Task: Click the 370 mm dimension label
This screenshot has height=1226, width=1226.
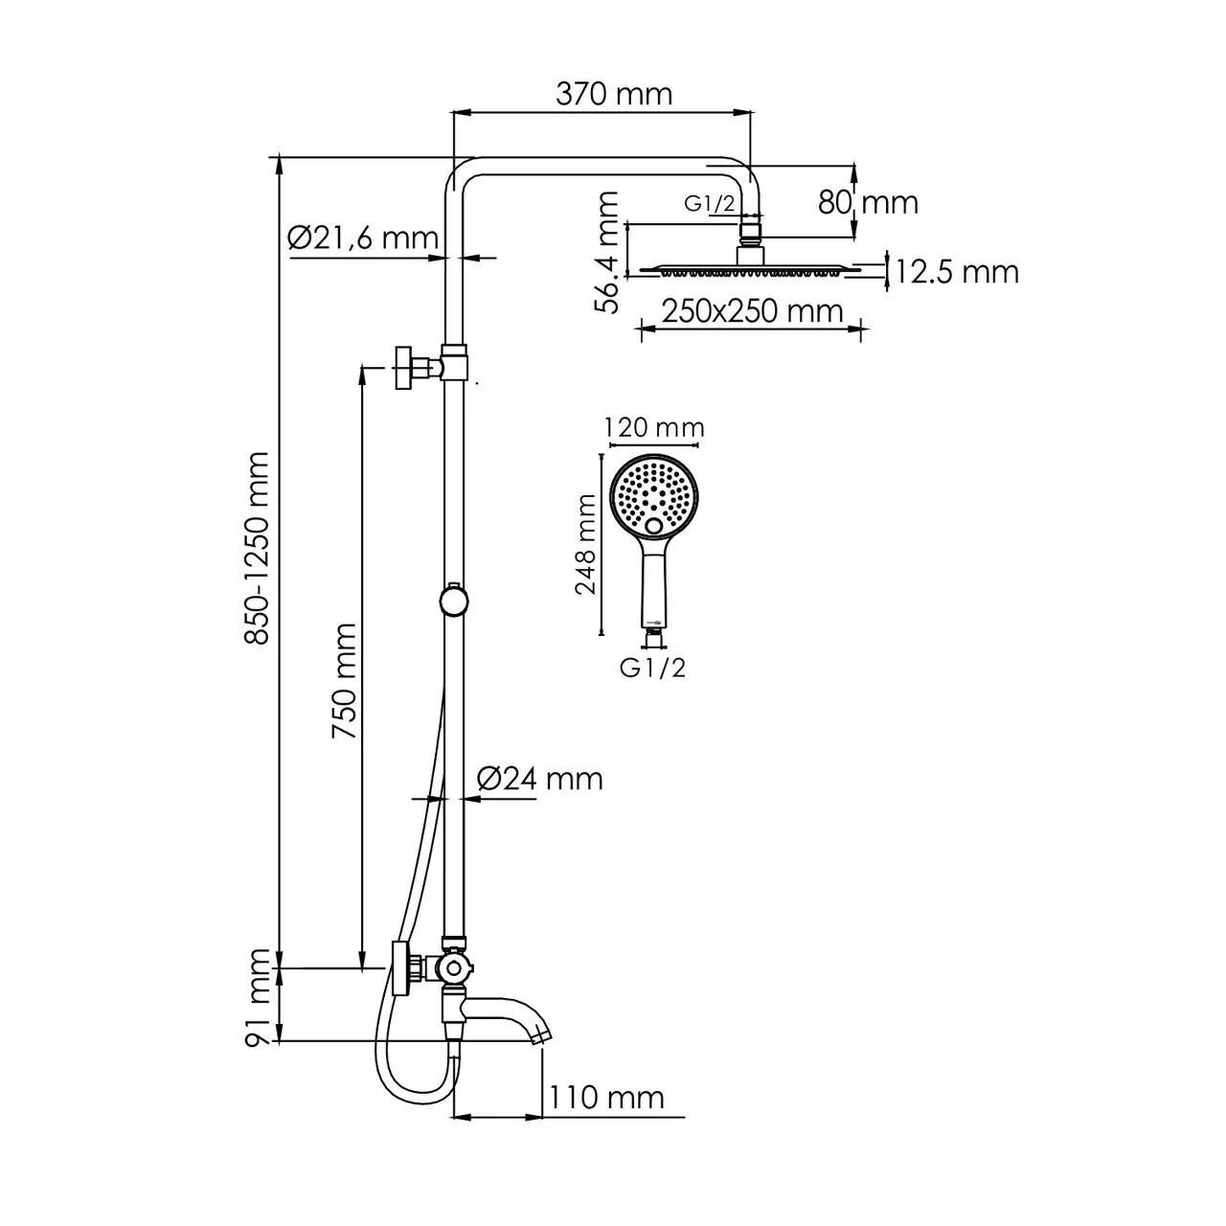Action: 614,94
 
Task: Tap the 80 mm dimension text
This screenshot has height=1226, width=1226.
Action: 868,202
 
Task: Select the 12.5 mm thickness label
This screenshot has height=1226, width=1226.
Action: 957,272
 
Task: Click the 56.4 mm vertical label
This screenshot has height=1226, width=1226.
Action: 607,252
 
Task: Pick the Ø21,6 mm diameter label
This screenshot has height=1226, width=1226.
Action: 362,238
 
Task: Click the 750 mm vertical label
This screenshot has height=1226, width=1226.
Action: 344,681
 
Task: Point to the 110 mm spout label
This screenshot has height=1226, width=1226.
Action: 607,1097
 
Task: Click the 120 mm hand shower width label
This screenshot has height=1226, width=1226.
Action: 655,427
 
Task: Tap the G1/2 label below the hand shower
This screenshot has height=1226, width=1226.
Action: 653,668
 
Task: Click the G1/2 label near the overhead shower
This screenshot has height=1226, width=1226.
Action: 709,203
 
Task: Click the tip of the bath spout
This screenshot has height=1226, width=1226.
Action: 541,1035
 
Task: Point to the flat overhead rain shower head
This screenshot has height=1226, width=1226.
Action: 750,270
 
